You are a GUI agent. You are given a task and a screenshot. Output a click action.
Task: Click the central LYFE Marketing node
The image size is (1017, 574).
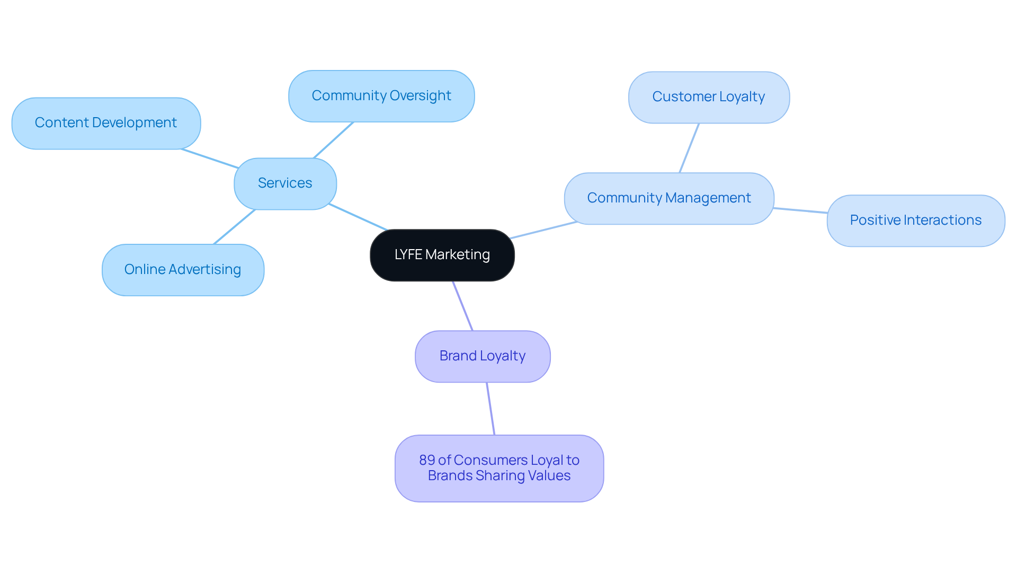click(x=442, y=255)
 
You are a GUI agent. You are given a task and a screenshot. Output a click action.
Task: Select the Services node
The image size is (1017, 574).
click(x=285, y=183)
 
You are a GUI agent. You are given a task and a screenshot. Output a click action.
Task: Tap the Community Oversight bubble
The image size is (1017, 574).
click(x=381, y=96)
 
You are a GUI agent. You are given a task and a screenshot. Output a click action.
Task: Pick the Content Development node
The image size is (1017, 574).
click(x=106, y=123)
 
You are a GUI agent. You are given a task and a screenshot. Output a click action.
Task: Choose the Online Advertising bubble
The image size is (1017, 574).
click(x=183, y=270)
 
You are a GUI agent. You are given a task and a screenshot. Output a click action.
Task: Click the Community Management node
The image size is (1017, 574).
click(x=669, y=198)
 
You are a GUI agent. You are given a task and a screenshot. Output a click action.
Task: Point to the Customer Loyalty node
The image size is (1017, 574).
click(x=709, y=97)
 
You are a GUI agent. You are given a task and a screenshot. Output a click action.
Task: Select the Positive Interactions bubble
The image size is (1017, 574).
click(x=915, y=220)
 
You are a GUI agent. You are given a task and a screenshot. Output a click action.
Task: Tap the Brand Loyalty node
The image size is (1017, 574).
click(x=483, y=356)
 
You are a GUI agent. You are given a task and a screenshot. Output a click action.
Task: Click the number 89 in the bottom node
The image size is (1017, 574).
click(x=426, y=460)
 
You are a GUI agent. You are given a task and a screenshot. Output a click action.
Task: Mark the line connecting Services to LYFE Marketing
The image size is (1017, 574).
click(x=358, y=217)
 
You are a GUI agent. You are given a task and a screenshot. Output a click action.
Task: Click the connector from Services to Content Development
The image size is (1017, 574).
click(x=210, y=158)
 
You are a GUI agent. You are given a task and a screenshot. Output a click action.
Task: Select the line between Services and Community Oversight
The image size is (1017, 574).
click(x=333, y=140)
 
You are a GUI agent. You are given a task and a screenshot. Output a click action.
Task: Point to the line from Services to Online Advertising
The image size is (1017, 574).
click(x=234, y=227)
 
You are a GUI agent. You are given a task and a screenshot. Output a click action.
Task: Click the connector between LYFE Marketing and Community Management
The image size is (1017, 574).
click(x=544, y=230)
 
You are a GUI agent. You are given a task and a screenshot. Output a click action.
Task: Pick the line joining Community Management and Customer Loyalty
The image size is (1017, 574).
click(x=689, y=148)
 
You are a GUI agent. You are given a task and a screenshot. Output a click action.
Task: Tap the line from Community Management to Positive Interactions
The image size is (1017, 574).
click(x=800, y=210)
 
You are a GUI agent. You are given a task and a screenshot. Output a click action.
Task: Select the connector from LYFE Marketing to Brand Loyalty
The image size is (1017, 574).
click(x=462, y=306)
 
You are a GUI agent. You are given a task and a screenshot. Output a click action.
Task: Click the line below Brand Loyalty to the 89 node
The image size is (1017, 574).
click(x=490, y=409)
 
